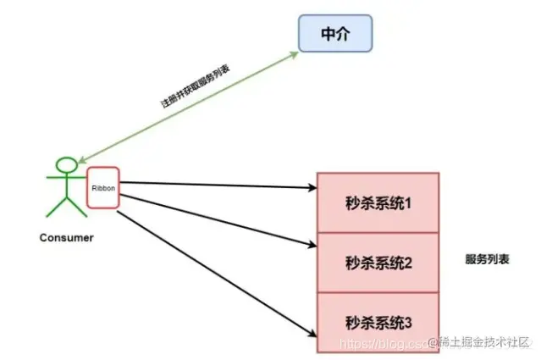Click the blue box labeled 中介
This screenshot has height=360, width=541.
tap(335, 34)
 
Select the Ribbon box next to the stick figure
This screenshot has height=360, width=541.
tap(102, 189)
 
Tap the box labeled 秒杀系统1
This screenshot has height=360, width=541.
tap(378, 204)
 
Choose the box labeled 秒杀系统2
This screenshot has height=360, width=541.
tap(378, 263)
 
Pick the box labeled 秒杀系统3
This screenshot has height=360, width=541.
tap(378, 322)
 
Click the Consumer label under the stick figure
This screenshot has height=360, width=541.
tap(67, 237)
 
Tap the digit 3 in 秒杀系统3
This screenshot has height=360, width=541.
tap(407, 322)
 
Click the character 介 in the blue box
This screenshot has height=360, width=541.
tap(343, 34)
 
